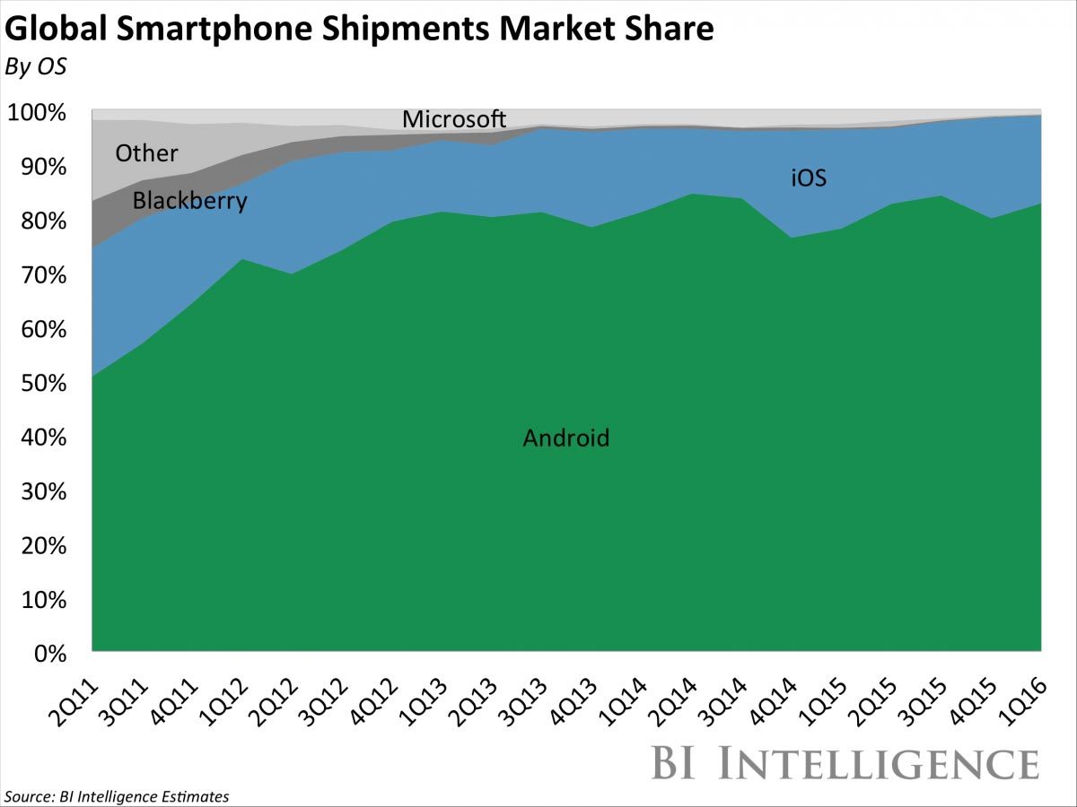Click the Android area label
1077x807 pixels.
(565, 438)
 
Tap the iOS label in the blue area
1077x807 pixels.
(808, 178)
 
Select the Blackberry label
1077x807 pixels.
(189, 201)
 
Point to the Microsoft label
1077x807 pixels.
(454, 119)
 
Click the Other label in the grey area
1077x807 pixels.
(146, 153)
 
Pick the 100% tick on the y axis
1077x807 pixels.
(36, 114)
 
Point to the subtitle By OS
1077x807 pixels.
(35, 67)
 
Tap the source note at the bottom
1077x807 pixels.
(117, 796)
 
